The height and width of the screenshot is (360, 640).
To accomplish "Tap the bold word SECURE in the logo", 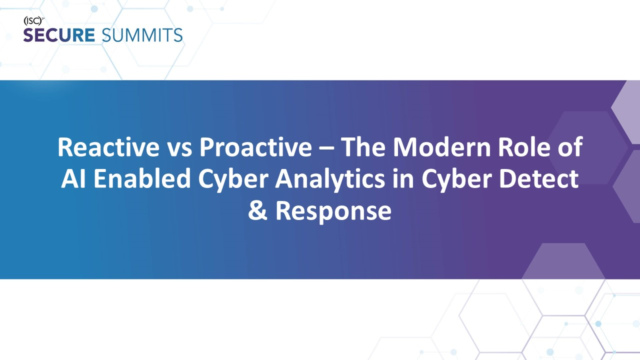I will [x=59, y=35].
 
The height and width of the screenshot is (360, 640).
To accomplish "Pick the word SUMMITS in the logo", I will [x=141, y=35].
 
